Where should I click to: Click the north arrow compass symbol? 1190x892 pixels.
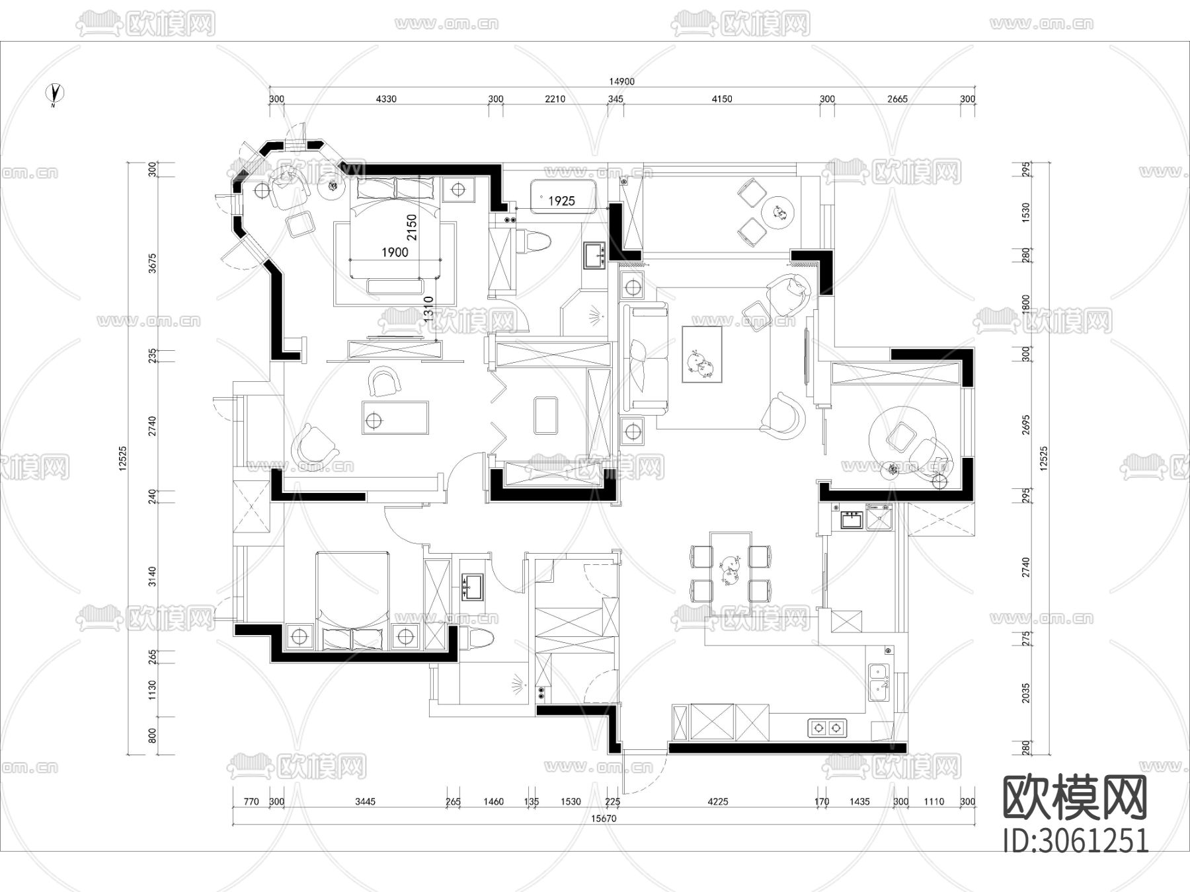pos(56,94)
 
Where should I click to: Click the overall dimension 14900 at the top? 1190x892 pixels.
pos(621,82)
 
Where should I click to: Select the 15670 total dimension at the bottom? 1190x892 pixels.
pos(604,818)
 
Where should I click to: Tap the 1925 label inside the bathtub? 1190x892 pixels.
pos(561,201)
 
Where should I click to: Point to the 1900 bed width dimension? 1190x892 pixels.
pos(395,252)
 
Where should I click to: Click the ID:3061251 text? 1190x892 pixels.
pos(1076,840)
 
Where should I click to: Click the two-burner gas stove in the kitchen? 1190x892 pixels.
pos(827,727)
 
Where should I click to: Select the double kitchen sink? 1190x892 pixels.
pos(879,682)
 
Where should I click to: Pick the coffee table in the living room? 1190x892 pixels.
pos(701,354)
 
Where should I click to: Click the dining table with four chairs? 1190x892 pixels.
pos(731,567)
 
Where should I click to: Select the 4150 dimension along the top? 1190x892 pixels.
pos(722,99)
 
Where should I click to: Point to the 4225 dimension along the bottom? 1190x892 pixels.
pos(717,801)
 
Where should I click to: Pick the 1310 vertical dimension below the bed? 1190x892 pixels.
pos(428,309)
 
